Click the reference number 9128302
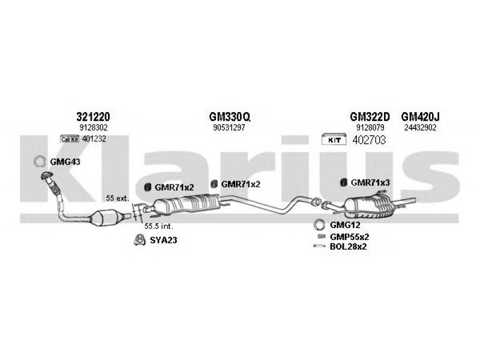click(x=93, y=128)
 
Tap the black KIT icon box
click(x=333, y=140)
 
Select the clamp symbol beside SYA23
click(x=139, y=240)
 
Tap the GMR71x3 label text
click(x=370, y=182)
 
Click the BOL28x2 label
click(x=349, y=246)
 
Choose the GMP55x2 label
click(x=349, y=236)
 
